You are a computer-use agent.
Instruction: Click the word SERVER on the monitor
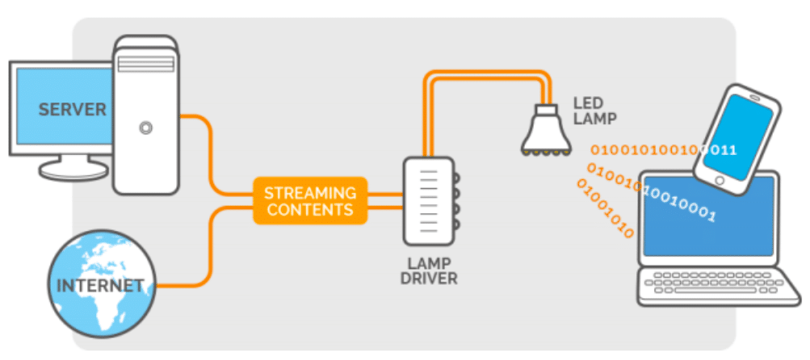pyautogui.click(x=73, y=110)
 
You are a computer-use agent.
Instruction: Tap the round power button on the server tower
pyautogui.click(x=145, y=127)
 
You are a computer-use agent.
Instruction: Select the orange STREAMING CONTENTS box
pyautogui.click(x=310, y=201)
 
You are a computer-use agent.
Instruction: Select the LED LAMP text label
pyautogui.click(x=594, y=111)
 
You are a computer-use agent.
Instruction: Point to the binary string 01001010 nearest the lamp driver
pyautogui.click(x=605, y=208)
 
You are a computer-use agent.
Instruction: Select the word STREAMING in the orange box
pyautogui.click(x=310, y=193)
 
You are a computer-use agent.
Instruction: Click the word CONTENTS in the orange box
pyautogui.click(x=310, y=210)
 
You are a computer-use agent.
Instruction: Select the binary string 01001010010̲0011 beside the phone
pyautogui.click(x=662, y=149)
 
